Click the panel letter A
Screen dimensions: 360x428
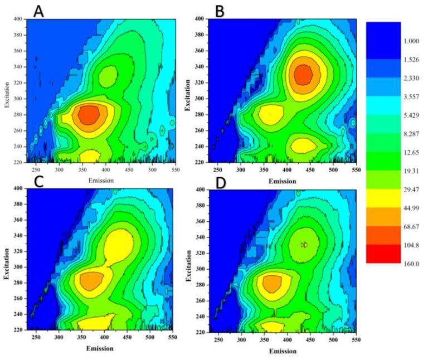(x=38, y=11)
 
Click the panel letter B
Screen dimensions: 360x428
(x=220, y=11)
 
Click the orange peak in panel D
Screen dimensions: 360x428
(x=271, y=284)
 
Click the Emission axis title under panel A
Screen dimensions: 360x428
(x=101, y=181)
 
